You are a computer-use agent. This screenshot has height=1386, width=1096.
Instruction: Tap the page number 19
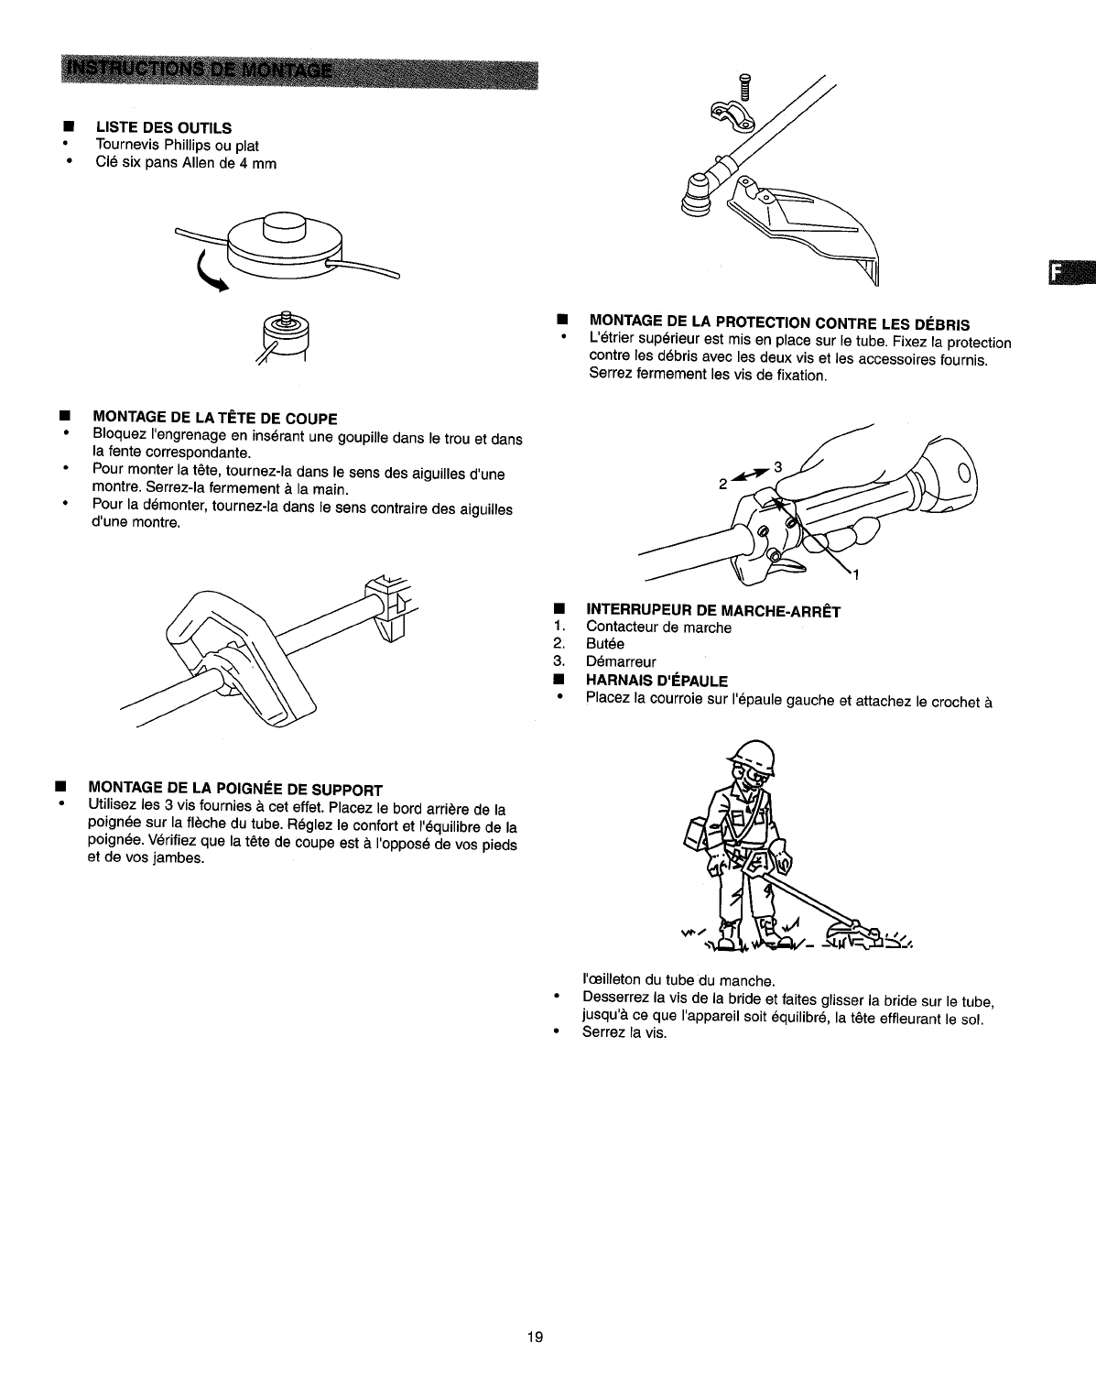coord(536,1337)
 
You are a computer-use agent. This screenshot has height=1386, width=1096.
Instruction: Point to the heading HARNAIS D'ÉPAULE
coord(657,680)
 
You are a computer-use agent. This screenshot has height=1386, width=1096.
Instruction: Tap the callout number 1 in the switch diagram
coord(854,575)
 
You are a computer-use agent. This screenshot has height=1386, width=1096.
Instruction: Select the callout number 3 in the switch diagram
coord(778,467)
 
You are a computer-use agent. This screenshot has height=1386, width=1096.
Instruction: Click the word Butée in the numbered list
coord(605,644)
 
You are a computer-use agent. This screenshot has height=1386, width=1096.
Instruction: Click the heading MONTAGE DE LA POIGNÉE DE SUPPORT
coord(234,789)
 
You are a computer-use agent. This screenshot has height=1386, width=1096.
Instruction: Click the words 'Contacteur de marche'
coord(658,628)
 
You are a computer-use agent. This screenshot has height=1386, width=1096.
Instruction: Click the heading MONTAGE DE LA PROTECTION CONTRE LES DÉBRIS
coord(780,322)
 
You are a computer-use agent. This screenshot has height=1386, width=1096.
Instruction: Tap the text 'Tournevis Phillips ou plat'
coord(178,146)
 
